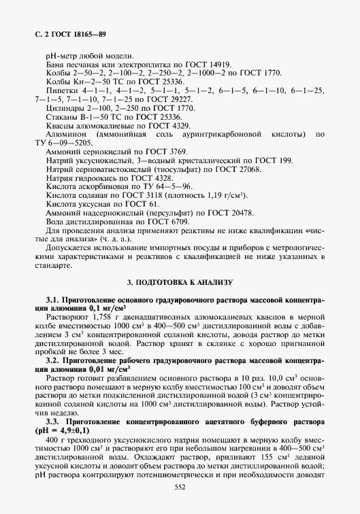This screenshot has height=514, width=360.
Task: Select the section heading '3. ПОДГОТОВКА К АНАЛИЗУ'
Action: coord(180,281)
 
